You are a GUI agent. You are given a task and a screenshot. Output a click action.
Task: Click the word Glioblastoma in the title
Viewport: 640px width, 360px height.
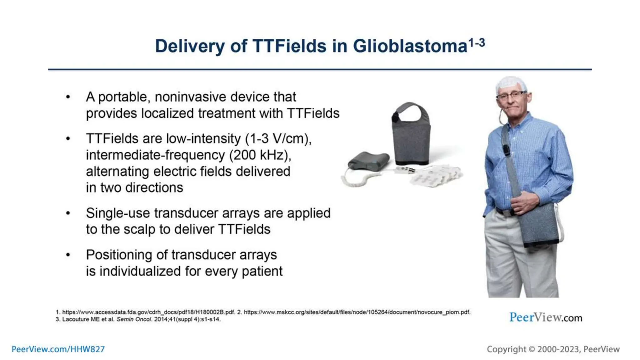410,46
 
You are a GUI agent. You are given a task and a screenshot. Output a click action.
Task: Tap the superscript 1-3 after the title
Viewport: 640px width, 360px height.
477,42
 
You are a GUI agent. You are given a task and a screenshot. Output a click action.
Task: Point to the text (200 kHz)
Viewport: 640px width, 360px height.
260,155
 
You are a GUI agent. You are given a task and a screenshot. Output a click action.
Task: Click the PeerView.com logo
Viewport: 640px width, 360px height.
546,317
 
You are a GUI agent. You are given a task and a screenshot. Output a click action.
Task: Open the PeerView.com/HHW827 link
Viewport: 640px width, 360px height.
58,349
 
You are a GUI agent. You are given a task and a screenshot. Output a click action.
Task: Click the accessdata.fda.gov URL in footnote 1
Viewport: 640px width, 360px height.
148,312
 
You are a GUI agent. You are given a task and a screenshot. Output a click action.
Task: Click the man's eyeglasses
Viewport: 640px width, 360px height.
512,95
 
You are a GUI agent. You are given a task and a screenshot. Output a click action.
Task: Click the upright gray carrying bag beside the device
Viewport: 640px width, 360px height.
411,137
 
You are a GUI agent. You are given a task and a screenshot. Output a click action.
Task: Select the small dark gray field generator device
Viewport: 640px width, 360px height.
369,161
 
